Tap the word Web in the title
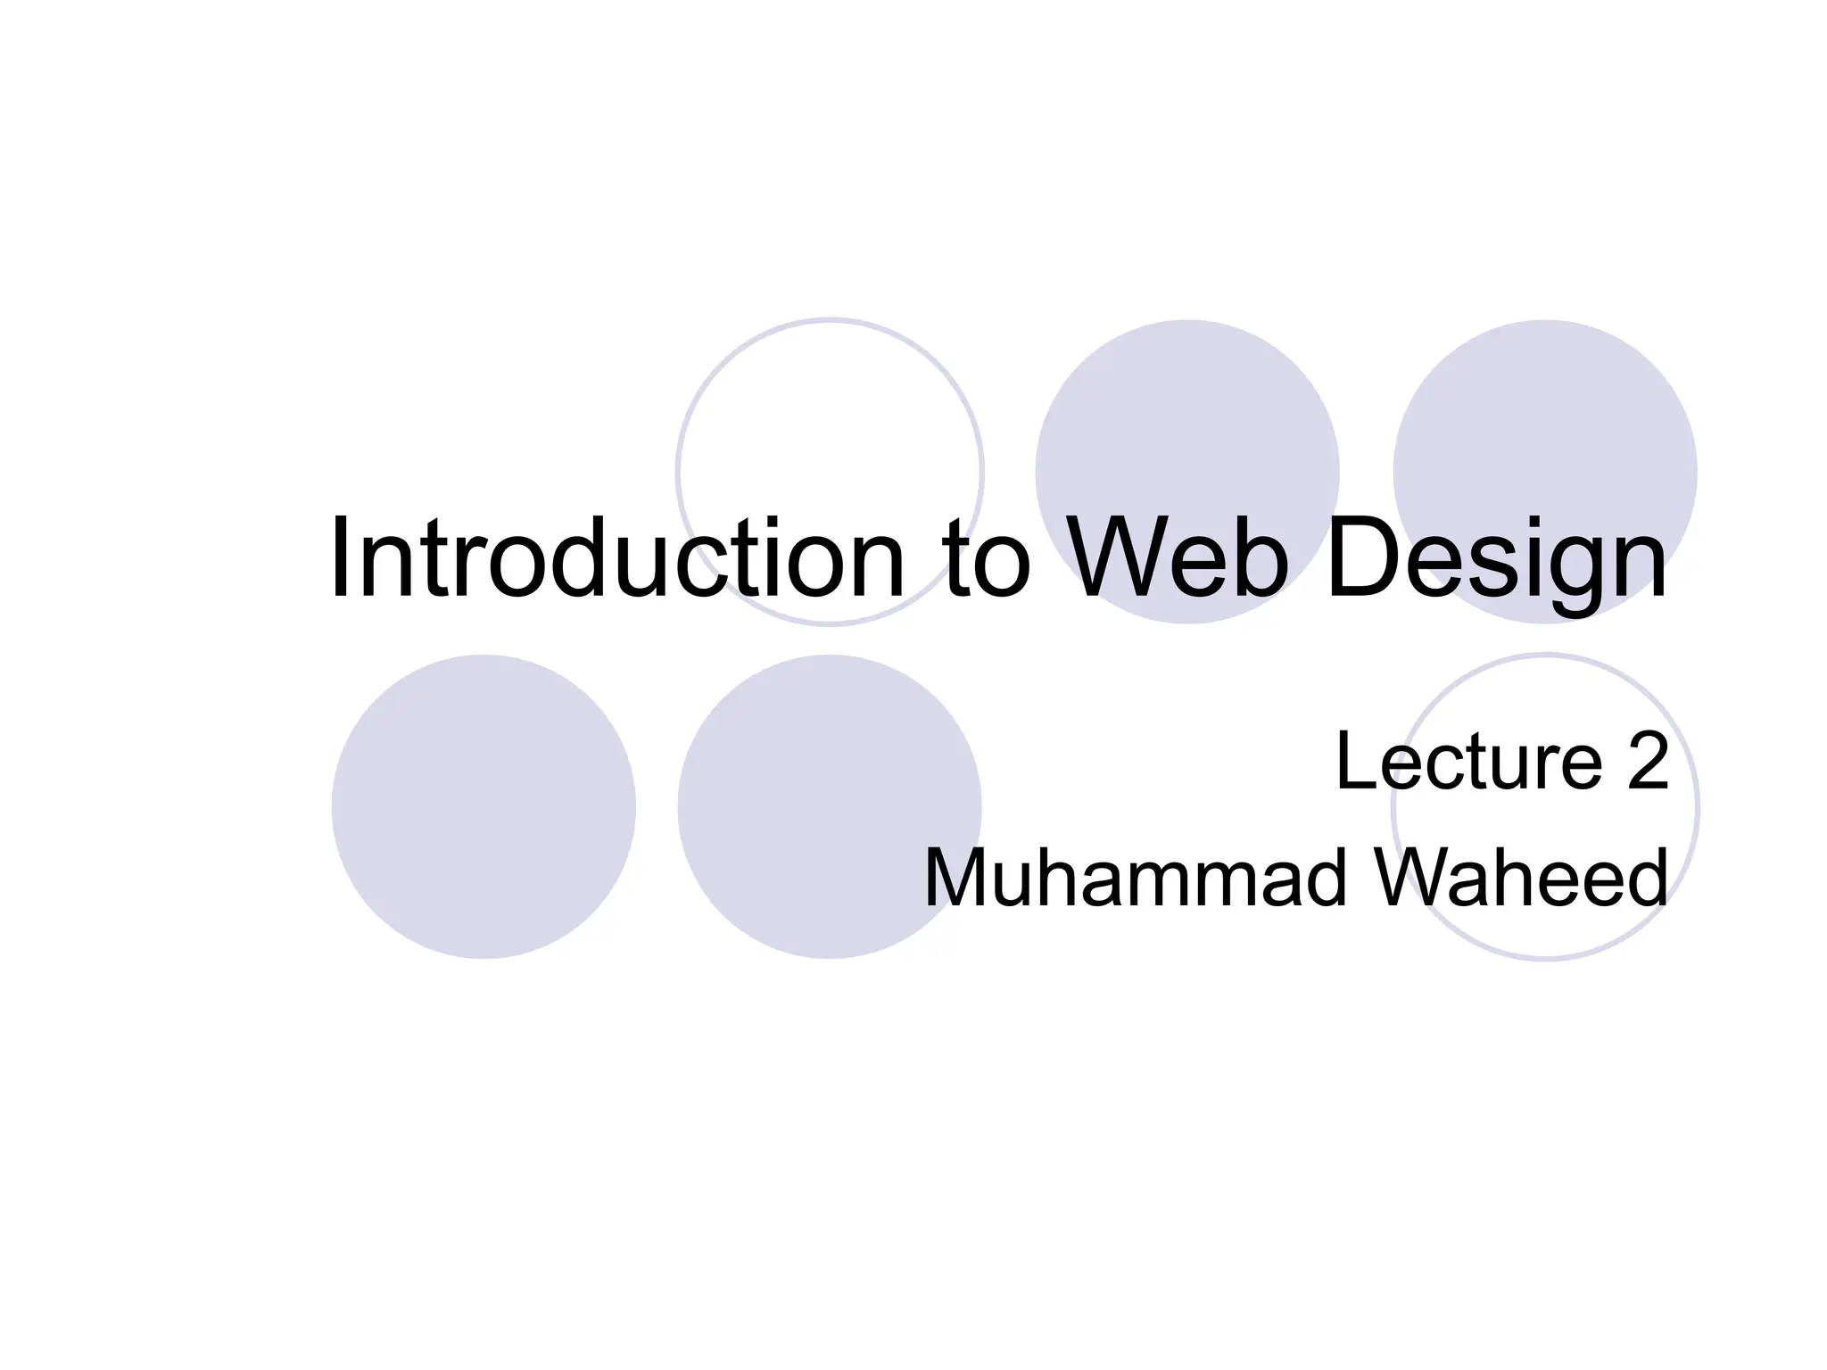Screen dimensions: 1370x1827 (x=1177, y=558)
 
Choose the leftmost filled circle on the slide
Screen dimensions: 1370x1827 (x=484, y=807)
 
